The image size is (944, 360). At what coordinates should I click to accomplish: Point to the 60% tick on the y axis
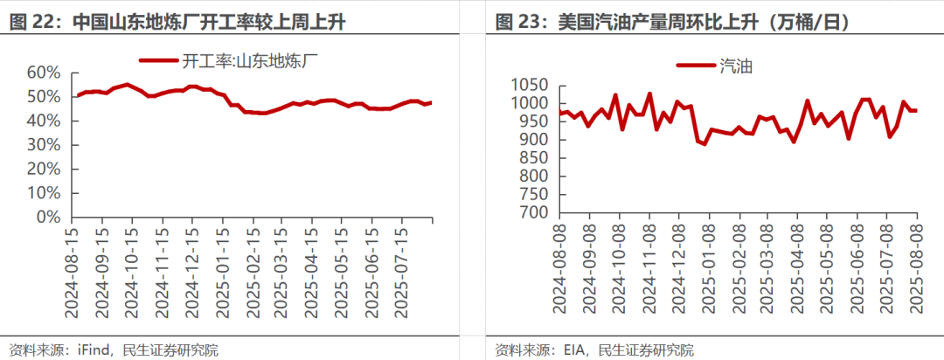click(45, 73)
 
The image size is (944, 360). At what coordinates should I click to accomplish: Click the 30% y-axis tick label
click(45, 144)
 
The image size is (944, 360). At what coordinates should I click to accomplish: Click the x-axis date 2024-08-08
click(564, 267)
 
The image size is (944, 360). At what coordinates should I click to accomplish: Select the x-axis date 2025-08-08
click(916, 267)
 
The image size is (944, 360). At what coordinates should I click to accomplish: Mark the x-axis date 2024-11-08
click(650, 267)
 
